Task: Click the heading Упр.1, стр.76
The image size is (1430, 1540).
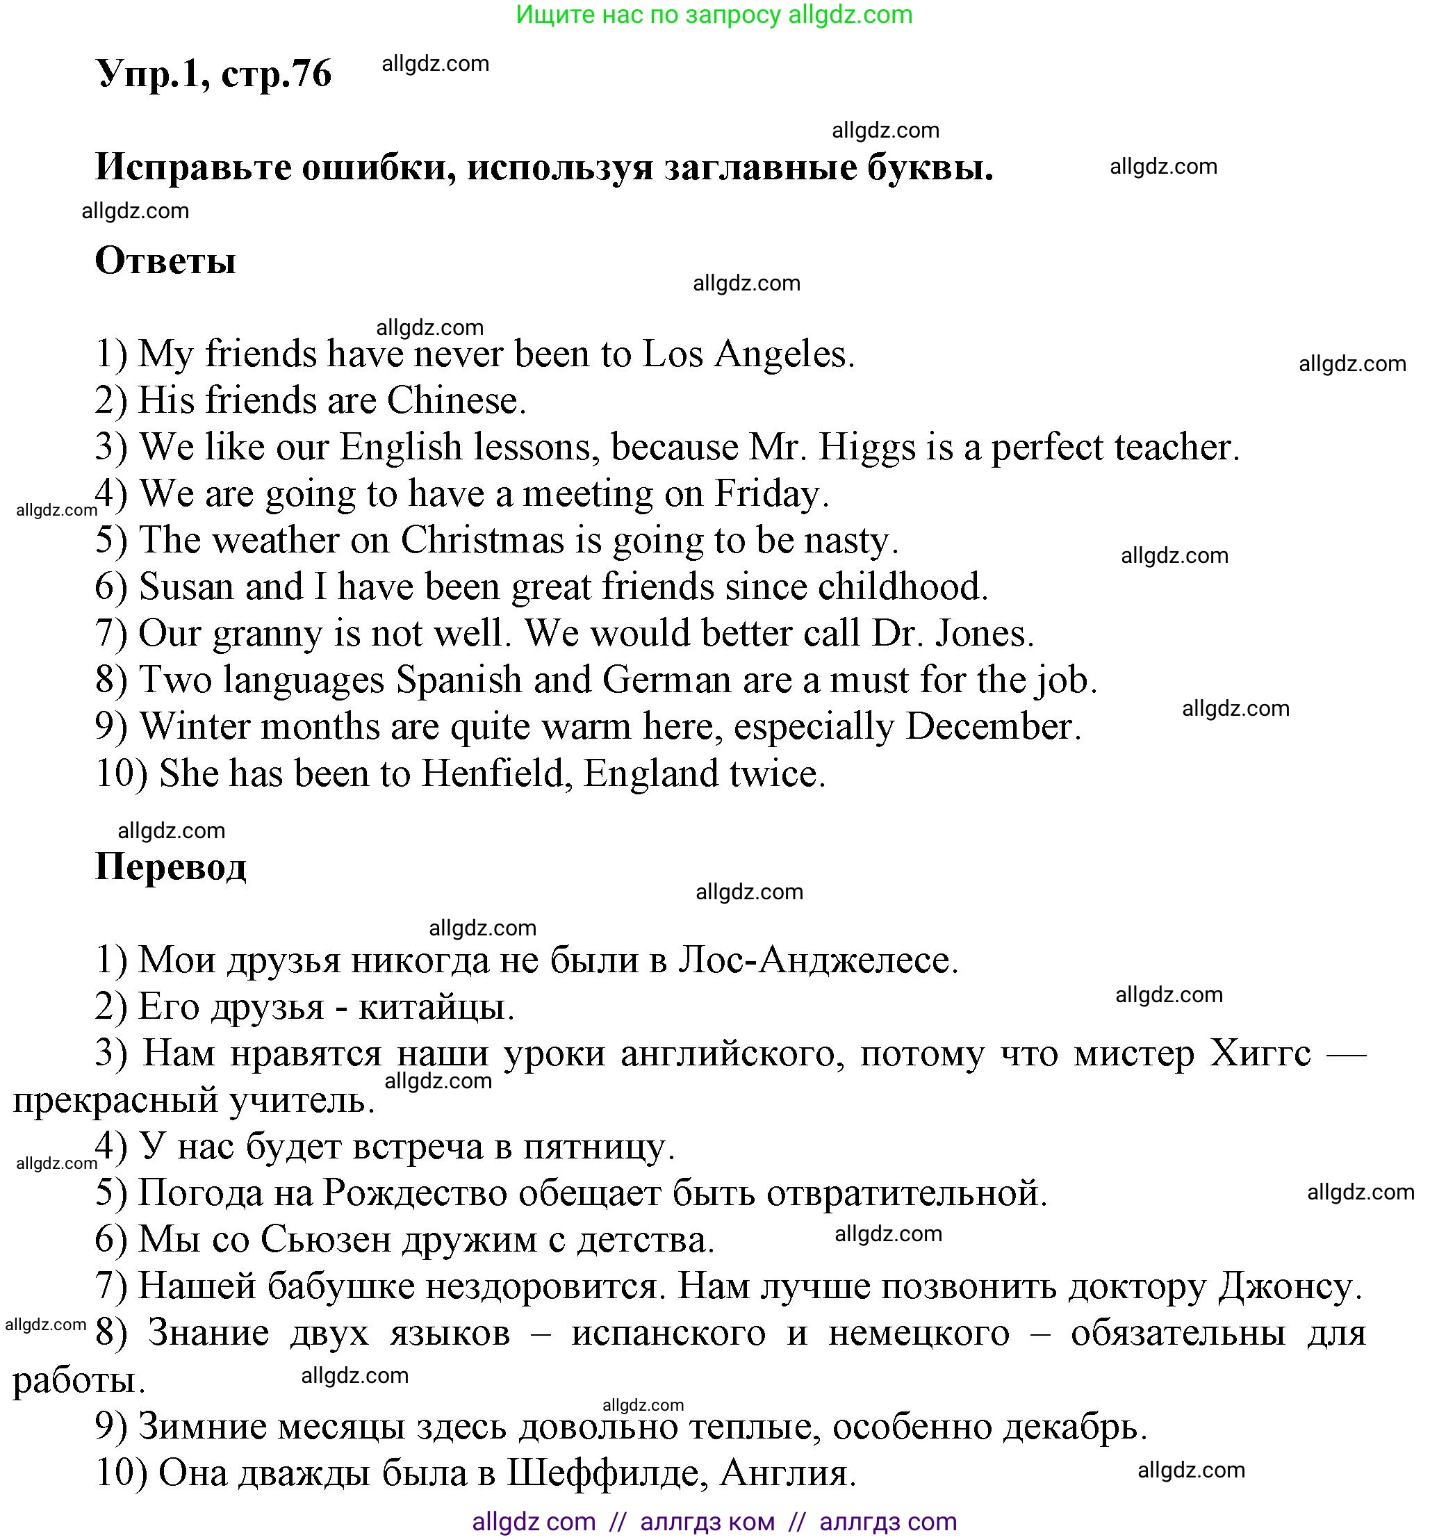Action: pos(213,74)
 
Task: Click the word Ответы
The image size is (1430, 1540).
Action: pos(165,261)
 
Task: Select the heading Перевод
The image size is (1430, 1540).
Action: pos(170,867)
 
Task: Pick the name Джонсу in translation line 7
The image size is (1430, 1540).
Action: pos(1288,1286)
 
